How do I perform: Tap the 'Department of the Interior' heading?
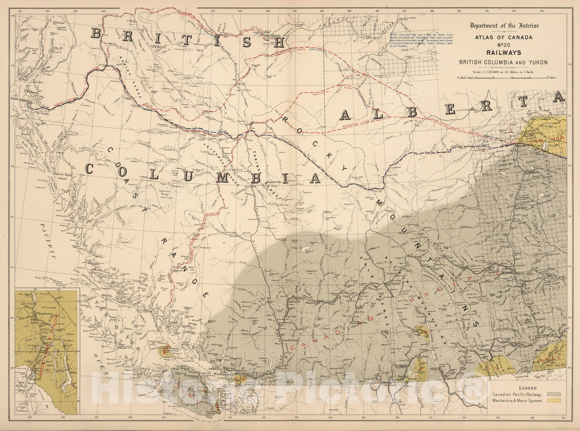coord(504,26)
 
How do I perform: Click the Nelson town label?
coord(424,356)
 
